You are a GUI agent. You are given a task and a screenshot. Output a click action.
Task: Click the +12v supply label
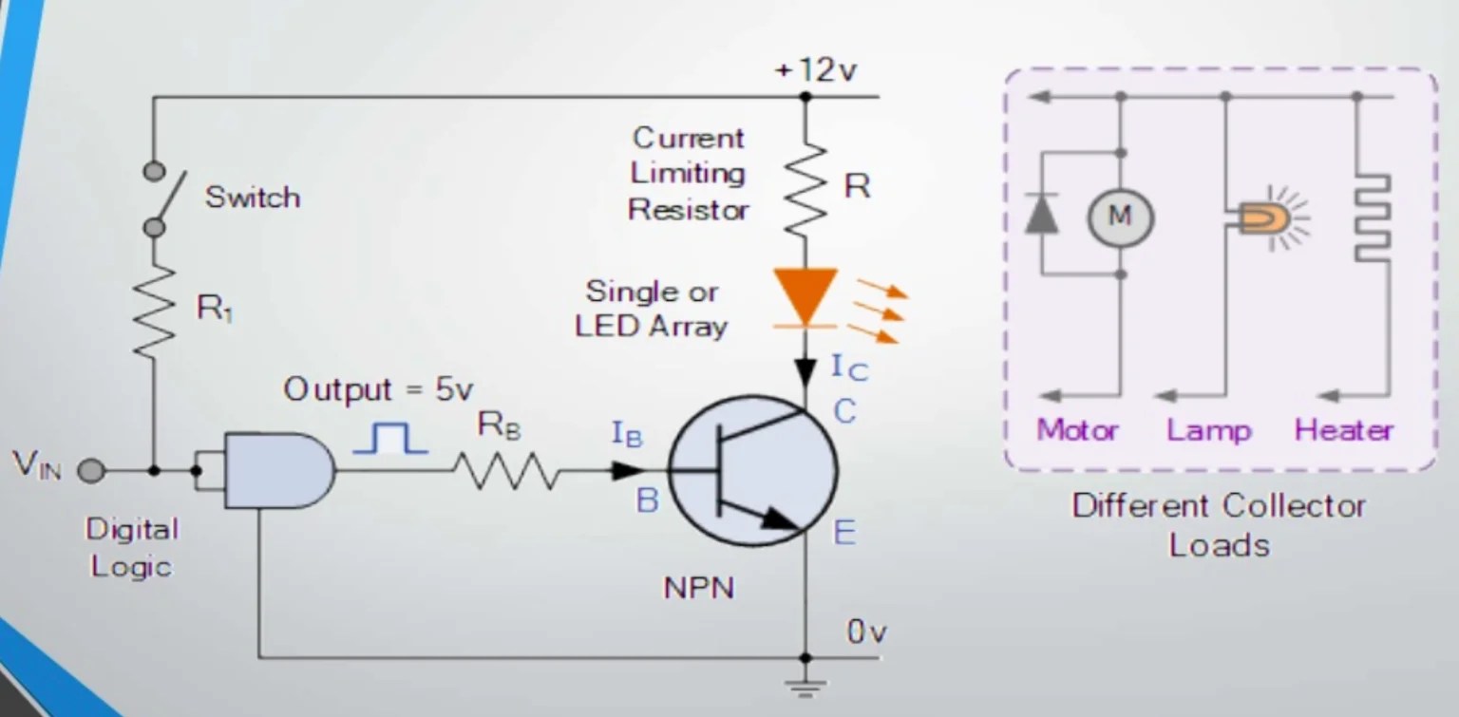(817, 71)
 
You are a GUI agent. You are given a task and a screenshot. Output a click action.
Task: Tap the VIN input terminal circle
(90, 470)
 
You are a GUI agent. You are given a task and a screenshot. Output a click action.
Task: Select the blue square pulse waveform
(389, 438)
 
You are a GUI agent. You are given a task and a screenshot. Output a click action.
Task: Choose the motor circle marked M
(1120, 217)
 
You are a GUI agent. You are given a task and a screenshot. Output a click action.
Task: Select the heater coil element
(1372, 217)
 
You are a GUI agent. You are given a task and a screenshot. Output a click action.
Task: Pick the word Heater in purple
(1343, 430)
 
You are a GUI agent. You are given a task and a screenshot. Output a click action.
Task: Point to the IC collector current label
(849, 367)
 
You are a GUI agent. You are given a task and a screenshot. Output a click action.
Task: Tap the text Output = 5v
(378, 389)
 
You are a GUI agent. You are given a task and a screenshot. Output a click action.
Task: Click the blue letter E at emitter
(844, 533)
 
